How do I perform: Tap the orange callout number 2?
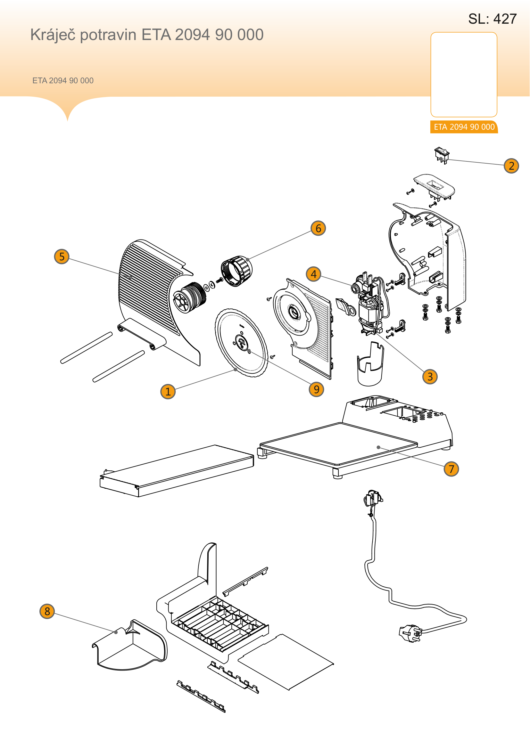[511, 166]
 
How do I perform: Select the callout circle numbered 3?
[430, 377]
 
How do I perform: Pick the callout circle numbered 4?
[314, 274]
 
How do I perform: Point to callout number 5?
[62, 256]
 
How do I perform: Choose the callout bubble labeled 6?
[318, 228]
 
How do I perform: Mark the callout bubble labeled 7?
[451, 469]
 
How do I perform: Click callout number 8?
[47, 611]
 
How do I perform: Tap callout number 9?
[316, 389]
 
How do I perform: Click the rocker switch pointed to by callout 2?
[442, 155]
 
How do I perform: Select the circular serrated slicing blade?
[242, 343]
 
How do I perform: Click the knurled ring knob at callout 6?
[236, 271]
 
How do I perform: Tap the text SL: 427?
[493, 19]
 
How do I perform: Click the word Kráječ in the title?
[54, 35]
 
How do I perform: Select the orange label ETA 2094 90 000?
[464, 127]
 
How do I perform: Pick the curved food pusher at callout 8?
[129, 645]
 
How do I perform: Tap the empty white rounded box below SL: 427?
[464, 74]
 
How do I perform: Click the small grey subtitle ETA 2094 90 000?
[63, 81]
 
